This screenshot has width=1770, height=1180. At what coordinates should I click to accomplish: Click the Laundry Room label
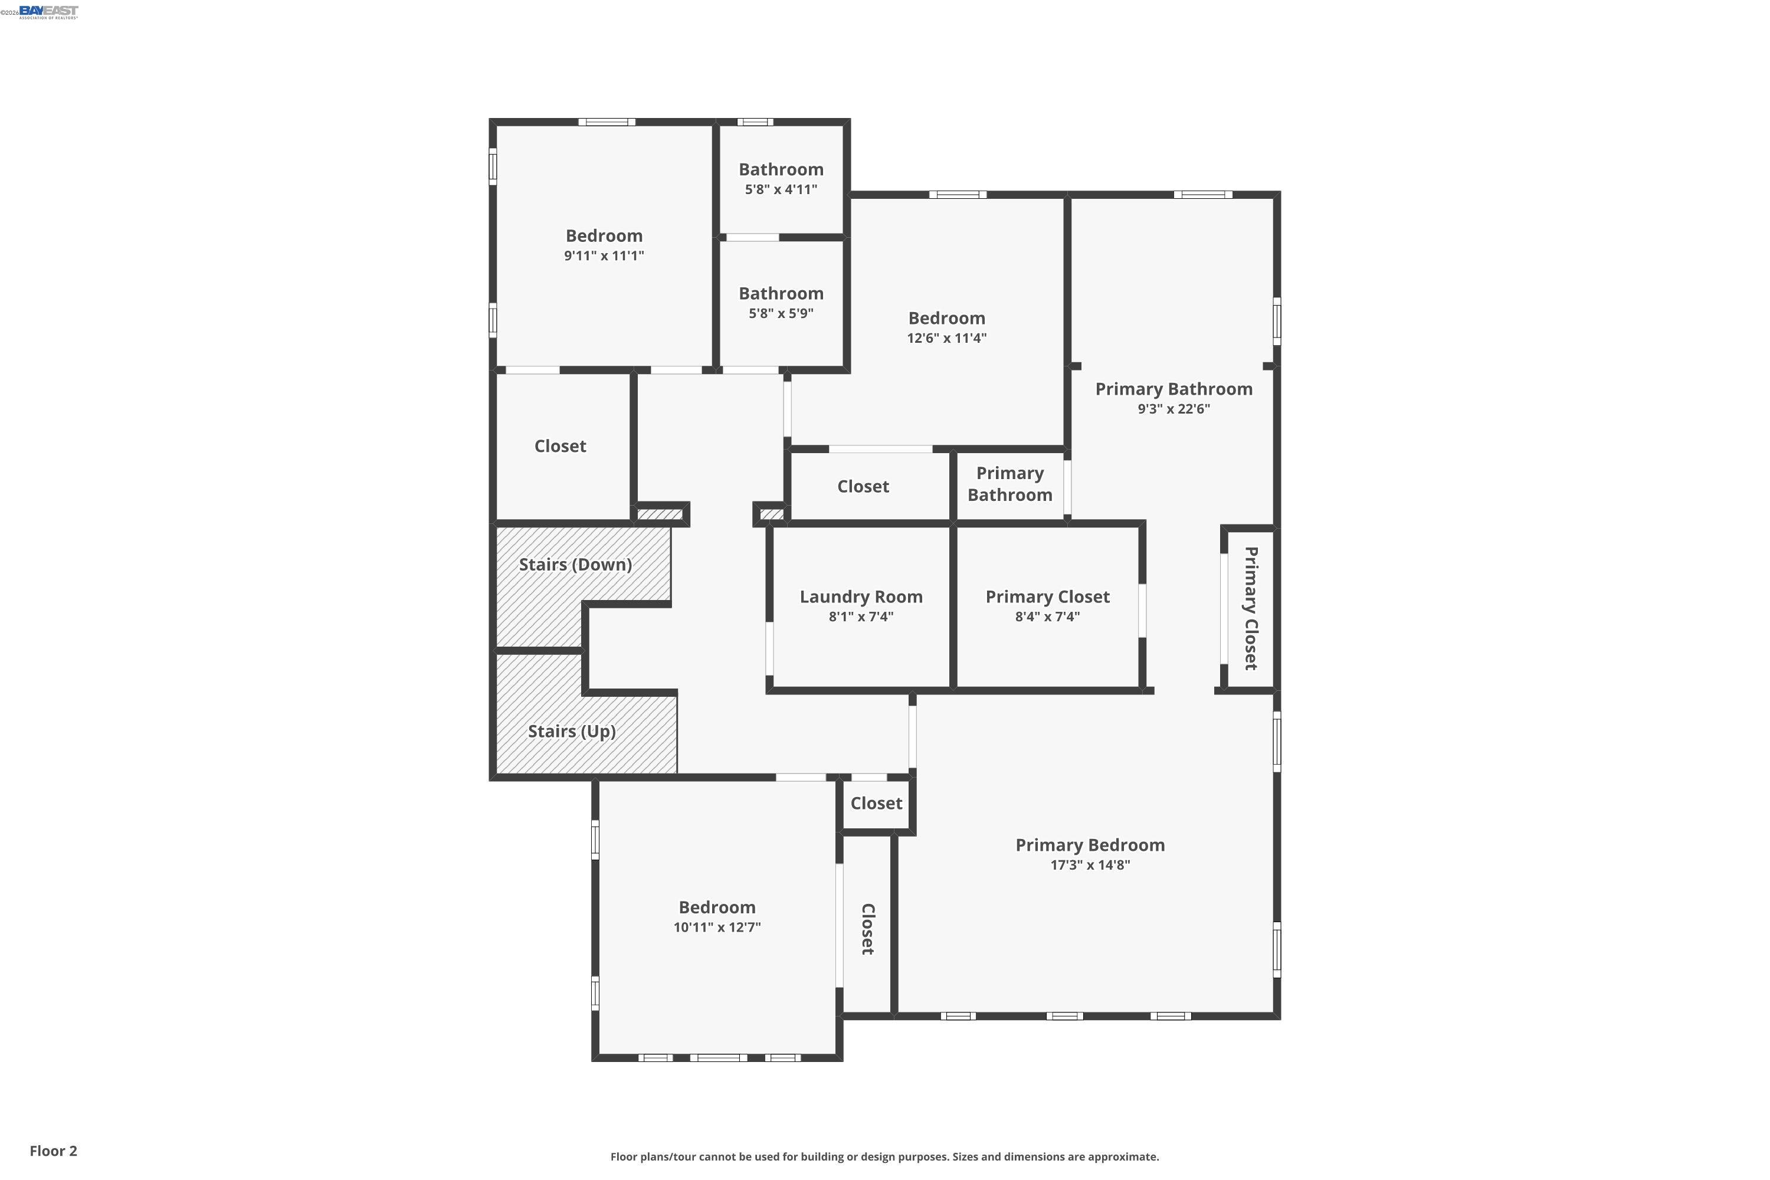pos(861,596)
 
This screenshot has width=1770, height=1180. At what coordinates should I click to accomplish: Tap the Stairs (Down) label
pos(575,565)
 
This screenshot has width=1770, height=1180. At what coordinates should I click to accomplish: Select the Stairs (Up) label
pos(571,732)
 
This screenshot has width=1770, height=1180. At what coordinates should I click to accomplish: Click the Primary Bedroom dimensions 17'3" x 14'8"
pos(1090,866)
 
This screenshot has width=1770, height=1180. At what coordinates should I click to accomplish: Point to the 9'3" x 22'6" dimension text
pos(1174,409)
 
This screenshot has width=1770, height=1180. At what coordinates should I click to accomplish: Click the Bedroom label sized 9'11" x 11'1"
pos(604,235)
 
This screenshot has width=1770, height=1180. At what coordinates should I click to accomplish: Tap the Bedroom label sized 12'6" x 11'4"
pos(946,319)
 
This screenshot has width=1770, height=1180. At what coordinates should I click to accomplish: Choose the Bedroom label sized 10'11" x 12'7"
pos(716,907)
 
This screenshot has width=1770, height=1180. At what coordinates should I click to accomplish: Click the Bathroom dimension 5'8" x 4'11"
pos(781,189)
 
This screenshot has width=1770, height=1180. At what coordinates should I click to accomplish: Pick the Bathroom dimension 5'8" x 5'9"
pos(781,314)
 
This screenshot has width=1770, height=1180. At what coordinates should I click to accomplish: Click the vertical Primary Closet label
pos(1250,608)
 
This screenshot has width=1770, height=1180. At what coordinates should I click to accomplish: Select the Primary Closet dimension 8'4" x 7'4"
pos(1047,617)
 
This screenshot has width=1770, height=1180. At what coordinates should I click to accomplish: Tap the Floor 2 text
pos(54,1150)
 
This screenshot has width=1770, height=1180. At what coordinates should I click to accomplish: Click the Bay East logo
pos(48,11)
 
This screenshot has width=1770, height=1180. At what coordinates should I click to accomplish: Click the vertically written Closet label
pos(867,929)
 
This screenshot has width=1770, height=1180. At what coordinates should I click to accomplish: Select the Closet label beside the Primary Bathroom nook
pos(863,487)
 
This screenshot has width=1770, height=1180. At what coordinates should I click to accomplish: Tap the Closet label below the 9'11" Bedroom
pos(560,446)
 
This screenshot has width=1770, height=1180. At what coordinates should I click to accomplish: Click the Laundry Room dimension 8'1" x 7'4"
pos(861,617)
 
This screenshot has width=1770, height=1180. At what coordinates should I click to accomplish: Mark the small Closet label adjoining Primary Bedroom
pos(876,804)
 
